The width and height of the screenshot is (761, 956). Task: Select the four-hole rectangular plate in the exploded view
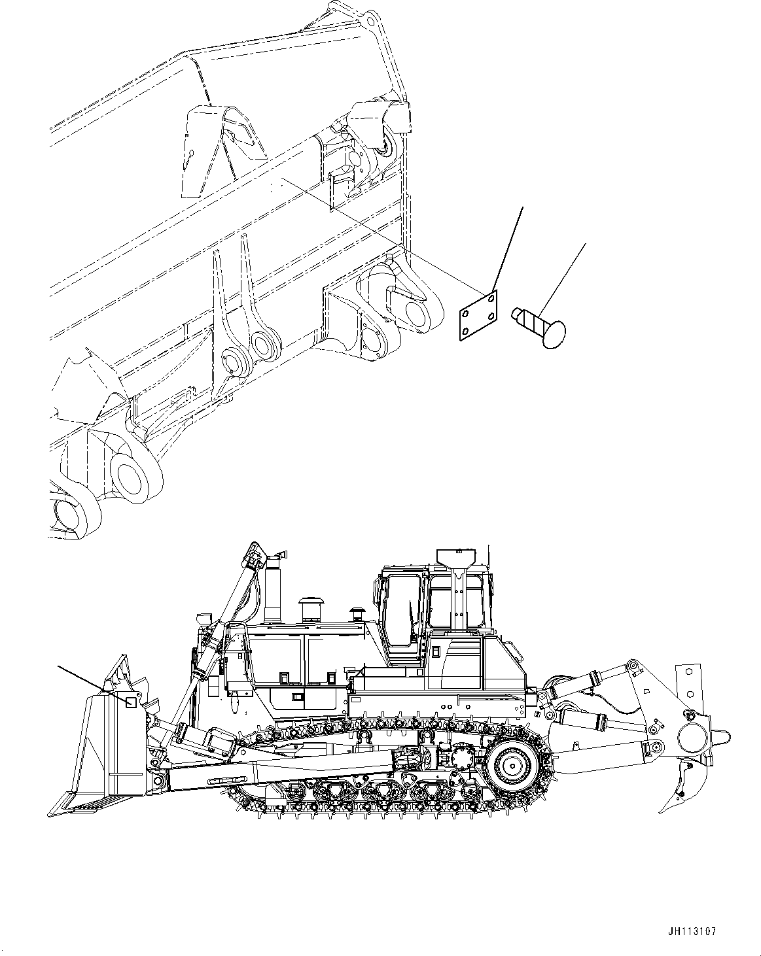pyautogui.click(x=476, y=315)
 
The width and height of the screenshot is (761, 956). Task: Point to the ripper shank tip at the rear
pyautogui.click(x=668, y=805)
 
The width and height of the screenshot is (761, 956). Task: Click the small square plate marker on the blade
pyautogui.click(x=131, y=702)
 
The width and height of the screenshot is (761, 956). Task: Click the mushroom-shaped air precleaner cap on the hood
pyautogui.click(x=310, y=602)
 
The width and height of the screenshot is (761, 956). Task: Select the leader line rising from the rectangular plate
pyautogui.click(x=507, y=248)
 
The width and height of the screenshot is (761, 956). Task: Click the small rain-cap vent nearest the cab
pyautogui.click(x=357, y=613)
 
